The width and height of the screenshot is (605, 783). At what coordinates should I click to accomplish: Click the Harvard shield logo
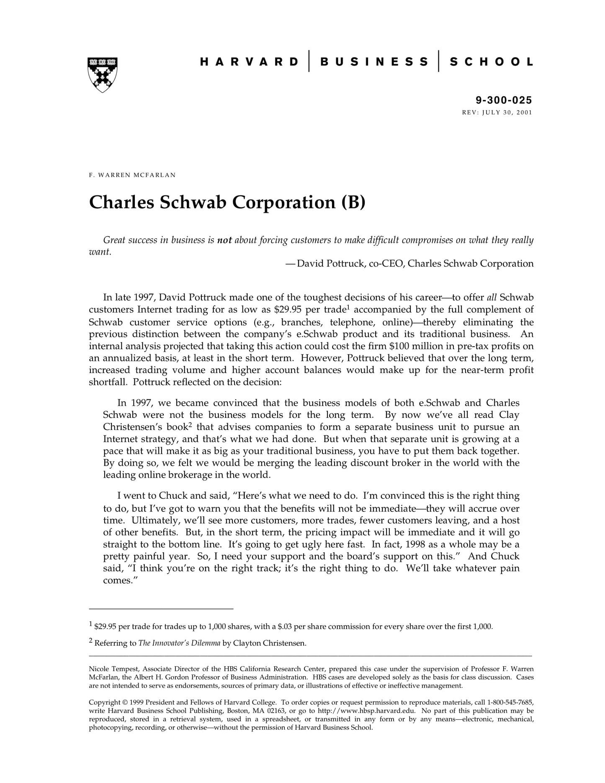pyautogui.click(x=102, y=75)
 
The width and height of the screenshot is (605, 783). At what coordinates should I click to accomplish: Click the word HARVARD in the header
pyautogui.click(x=249, y=62)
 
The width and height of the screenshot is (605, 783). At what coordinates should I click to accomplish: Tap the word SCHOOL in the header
pyautogui.click(x=491, y=62)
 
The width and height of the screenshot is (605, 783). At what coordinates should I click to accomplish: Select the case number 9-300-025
pyautogui.click(x=503, y=100)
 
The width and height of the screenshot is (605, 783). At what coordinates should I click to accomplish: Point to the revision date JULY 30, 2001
pyautogui.click(x=507, y=112)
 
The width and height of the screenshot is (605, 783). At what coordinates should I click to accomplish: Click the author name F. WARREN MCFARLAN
pyautogui.click(x=132, y=175)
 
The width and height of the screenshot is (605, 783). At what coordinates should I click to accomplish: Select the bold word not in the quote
pyautogui.click(x=224, y=240)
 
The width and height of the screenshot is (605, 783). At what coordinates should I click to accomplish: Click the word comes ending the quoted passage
pyautogui.click(x=118, y=581)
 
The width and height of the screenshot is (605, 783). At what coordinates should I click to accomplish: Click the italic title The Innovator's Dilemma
pyautogui.click(x=179, y=643)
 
